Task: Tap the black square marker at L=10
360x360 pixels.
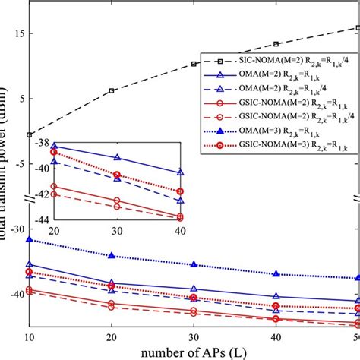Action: [30, 134]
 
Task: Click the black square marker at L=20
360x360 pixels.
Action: [112, 90]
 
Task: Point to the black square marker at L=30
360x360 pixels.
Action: [194, 64]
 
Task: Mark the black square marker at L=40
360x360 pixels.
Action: [276, 44]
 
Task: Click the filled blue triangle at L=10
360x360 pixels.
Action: [30, 239]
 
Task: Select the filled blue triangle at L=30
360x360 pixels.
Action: [194, 264]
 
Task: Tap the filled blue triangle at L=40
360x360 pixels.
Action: [276, 273]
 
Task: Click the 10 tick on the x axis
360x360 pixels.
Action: [30, 337]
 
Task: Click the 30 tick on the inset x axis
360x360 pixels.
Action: [117, 230]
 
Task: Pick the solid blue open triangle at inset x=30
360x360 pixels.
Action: [117, 157]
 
